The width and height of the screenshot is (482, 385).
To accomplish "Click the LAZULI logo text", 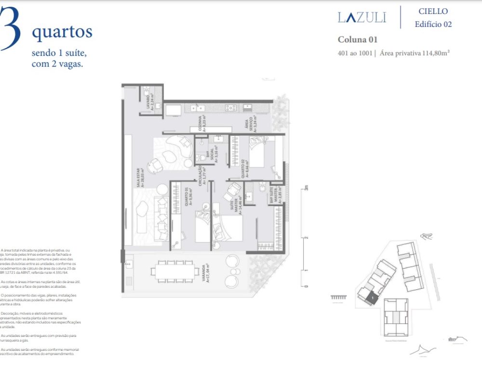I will [361, 18].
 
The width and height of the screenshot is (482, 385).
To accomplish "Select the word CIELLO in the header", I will [433, 11].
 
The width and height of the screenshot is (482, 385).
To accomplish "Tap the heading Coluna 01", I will [357, 39].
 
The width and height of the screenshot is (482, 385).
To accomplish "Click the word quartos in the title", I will [62, 32].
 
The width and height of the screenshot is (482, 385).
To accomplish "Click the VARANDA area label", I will [206, 273].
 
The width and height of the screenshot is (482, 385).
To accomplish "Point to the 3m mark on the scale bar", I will [306, 188].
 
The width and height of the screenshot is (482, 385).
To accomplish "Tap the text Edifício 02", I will [433, 24].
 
